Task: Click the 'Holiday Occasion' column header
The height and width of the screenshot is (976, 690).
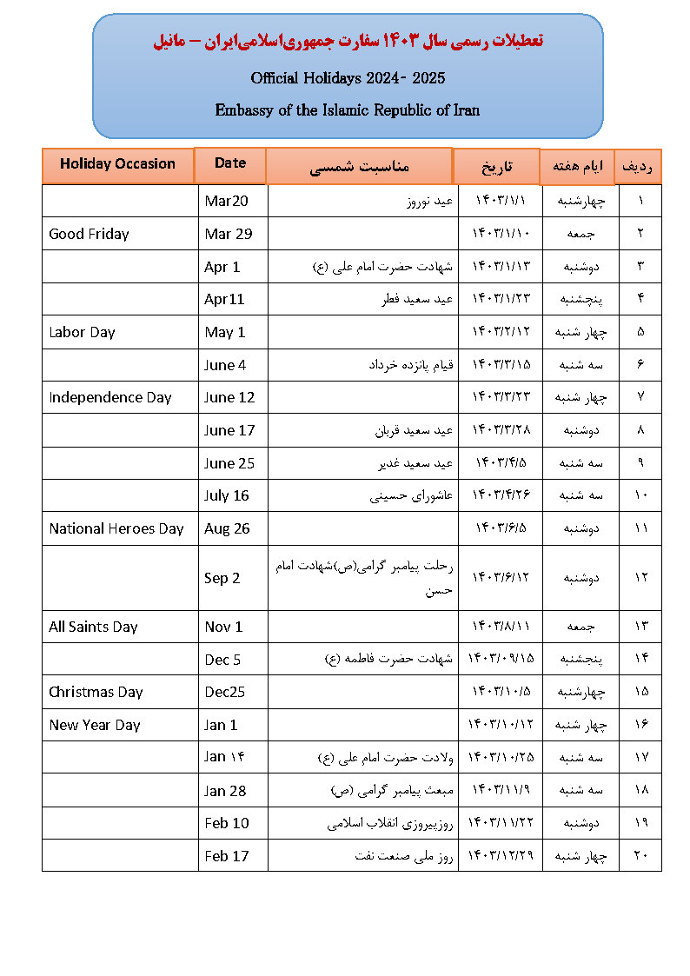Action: coord(117,164)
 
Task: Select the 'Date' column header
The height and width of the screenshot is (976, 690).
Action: coord(230,163)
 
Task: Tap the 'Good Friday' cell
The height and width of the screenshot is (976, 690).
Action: coord(89,234)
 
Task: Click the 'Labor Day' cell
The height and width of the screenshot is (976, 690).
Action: coord(82,332)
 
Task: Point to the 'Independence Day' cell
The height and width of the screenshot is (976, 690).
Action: coord(110,397)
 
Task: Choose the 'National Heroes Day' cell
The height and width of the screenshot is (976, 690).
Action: coord(116,528)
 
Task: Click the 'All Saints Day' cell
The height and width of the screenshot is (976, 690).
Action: coord(93,627)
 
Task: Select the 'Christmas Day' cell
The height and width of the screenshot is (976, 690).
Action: coord(96,692)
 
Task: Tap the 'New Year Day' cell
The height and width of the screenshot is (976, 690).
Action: coord(94,725)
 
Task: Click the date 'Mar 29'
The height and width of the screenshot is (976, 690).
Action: coord(229,234)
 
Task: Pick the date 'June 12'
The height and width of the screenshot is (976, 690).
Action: coord(229,397)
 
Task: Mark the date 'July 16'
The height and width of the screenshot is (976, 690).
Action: coord(226,495)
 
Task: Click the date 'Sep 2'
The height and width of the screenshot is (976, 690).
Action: coord(222,578)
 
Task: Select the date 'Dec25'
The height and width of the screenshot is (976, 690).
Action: coord(226,692)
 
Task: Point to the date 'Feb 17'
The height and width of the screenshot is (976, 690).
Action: coord(226,856)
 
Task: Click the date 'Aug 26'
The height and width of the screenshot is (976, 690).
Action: coord(226,528)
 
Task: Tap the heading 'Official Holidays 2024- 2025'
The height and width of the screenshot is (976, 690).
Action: coord(348,78)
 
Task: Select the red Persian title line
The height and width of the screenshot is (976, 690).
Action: coord(348,42)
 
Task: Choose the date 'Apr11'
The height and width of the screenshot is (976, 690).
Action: coord(224,299)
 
